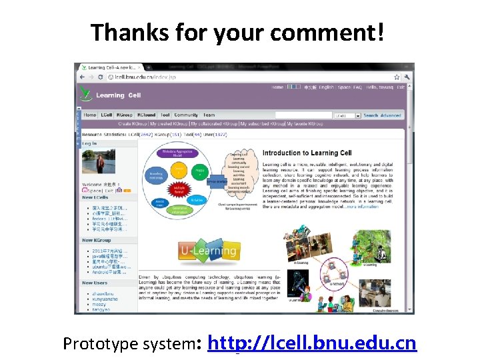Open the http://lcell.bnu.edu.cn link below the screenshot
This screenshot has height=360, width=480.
point(312,343)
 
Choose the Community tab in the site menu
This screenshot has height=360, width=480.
point(186,115)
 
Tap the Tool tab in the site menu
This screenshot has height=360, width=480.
point(165,115)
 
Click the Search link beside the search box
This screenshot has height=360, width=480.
point(371,115)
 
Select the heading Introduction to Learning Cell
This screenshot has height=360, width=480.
point(307,153)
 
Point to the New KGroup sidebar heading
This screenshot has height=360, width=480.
point(97,240)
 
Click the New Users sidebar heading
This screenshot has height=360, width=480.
point(95,283)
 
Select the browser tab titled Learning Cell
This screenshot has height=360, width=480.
point(110,67)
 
